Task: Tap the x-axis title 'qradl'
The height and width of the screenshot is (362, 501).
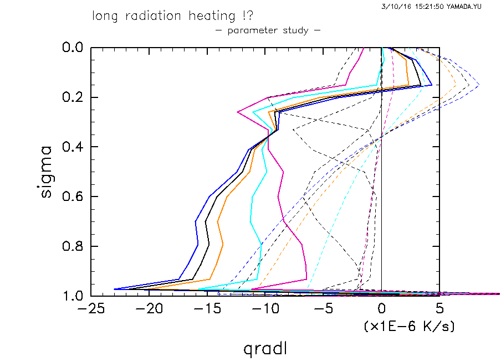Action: [265, 349]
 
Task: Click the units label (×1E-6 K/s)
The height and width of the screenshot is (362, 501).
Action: [409, 327]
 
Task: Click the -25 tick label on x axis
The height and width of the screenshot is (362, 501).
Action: [89, 308]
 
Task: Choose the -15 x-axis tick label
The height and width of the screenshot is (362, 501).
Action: [206, 308]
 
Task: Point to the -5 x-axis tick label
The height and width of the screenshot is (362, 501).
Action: [322, 308]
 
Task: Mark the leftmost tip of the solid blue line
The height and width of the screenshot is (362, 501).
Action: [114, 289]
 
